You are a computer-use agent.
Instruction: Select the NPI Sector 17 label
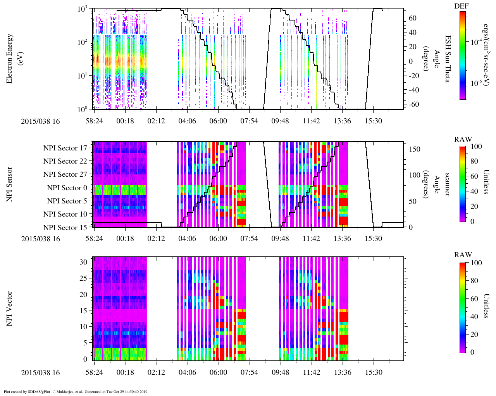(65, 148)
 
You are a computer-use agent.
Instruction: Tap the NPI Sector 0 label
(67, 188)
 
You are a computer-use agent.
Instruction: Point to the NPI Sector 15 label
(65, 227)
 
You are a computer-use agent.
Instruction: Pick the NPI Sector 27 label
(65, 174)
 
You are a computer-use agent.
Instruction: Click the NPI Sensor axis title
(10, 184)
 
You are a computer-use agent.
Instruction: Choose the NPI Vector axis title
(10, 309)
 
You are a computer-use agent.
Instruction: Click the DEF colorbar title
(462, 6)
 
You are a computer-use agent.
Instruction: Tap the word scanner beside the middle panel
(447, 184)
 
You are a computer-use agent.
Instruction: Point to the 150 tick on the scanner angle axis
(415, 149)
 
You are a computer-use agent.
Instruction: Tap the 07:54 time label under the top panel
(249, 121)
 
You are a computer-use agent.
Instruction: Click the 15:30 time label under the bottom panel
(373, 372)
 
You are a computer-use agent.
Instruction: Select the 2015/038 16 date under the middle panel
(41, 239)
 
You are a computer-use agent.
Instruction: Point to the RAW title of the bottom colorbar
(463, 255)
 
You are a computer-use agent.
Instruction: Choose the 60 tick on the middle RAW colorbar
(474, 176)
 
